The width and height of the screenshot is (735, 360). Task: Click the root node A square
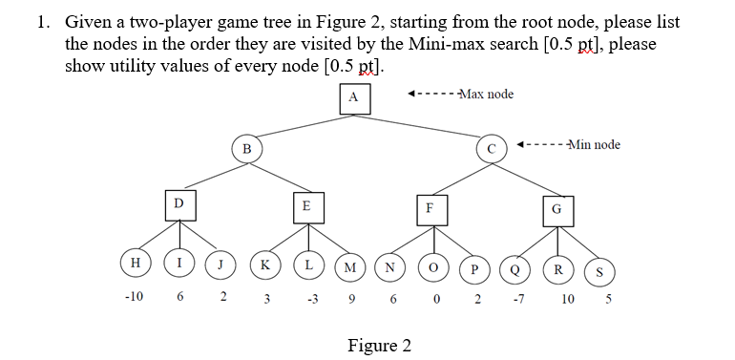click(353, 97)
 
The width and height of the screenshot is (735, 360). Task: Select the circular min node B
click(246, 148)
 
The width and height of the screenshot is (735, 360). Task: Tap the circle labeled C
click(492, 148)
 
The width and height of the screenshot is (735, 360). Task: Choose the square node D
click(178, 203)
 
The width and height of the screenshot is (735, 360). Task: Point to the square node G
click(556, 207)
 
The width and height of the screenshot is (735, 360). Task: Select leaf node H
click(136, 261)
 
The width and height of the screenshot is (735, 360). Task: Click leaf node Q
click(515, 267)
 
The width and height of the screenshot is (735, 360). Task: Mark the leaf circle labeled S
click(599, 270)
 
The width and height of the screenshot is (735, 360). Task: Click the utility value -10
click(134, 296)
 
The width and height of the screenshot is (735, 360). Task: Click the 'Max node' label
click(485, 94)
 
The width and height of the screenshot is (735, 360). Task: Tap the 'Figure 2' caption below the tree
click(380, 345)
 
